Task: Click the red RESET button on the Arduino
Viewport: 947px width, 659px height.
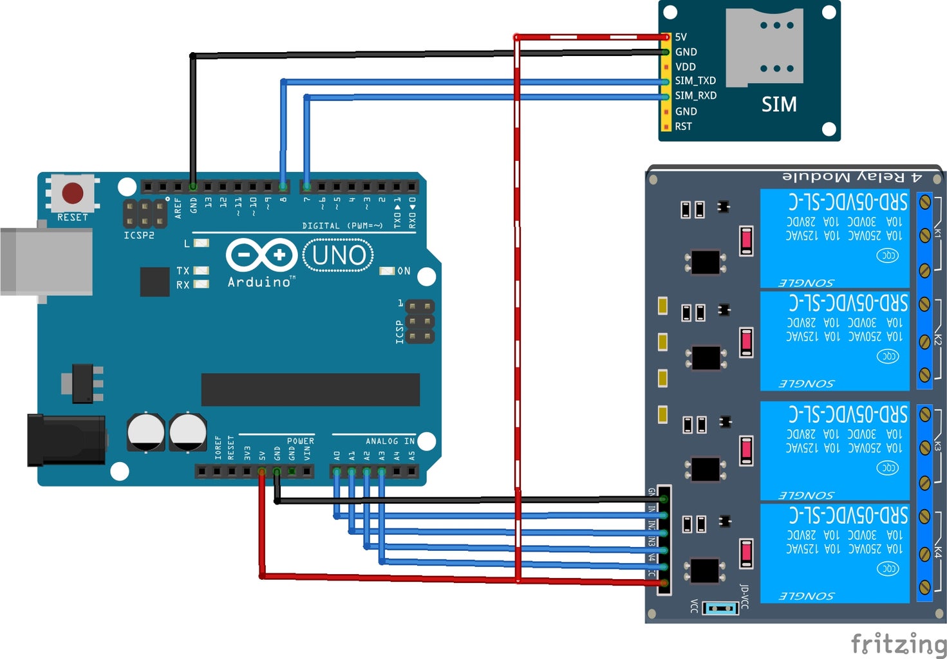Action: [72, 192]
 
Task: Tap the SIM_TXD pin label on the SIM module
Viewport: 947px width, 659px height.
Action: [695, 81]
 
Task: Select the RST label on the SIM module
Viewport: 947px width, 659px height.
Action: [683, 127]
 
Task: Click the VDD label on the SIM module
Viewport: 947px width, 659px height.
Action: [685, 67]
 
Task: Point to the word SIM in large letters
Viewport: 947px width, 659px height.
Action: [779, 104]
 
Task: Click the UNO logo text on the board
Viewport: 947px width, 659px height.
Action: [339, 255]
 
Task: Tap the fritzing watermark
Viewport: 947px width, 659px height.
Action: [899, 643]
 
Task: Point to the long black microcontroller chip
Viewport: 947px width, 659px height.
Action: [310, 390]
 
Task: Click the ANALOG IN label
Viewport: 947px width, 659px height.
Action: [390, 441]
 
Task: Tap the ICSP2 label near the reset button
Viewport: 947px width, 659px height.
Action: [139, 236]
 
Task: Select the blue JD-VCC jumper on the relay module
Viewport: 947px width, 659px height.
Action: [720, 608]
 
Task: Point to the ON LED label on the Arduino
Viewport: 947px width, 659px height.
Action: [404, 271]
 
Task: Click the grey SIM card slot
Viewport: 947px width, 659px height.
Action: [764, 46]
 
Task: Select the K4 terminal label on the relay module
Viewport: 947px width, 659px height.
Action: [937, 552]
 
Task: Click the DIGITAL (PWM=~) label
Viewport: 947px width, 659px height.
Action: [342, 226]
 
